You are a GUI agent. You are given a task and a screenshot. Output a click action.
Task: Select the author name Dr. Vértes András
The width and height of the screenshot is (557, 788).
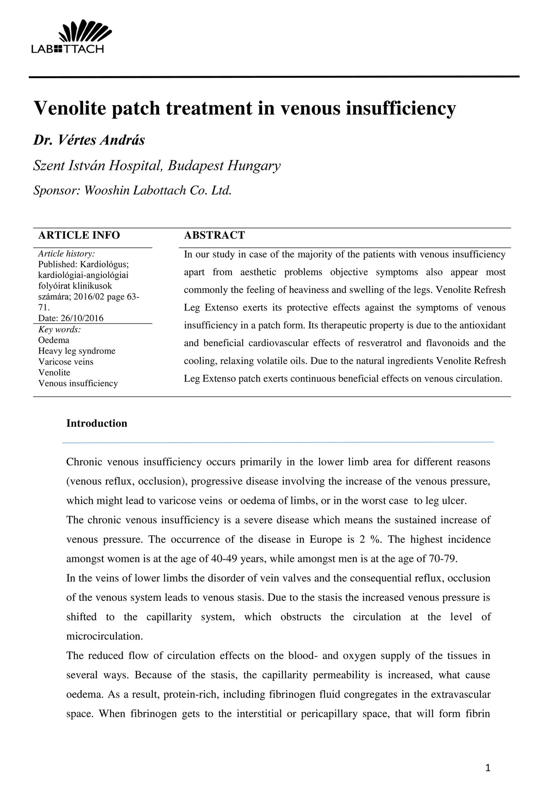coord(89,140)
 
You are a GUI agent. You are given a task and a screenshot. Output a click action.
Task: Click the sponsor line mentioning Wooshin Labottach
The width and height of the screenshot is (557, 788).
coord(132,190)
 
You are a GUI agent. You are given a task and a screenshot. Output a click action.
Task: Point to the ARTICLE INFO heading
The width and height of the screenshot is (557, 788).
coord(79,235)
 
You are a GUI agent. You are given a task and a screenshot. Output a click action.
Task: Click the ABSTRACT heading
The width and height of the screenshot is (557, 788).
coord(214,235)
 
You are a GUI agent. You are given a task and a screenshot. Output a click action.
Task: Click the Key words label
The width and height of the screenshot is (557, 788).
coord(59,330)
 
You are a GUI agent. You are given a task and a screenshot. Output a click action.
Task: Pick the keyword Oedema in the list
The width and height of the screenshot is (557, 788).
coord(53,340)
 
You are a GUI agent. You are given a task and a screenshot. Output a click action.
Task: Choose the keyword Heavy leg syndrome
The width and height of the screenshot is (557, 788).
coord(77,351)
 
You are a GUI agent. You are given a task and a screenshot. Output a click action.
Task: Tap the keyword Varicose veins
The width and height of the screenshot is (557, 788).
coord(65,362)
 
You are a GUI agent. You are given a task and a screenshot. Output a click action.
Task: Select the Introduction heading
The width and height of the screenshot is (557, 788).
coord(96,423)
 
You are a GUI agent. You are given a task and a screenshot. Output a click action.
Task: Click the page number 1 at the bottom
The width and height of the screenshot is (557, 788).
coord(487,768)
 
